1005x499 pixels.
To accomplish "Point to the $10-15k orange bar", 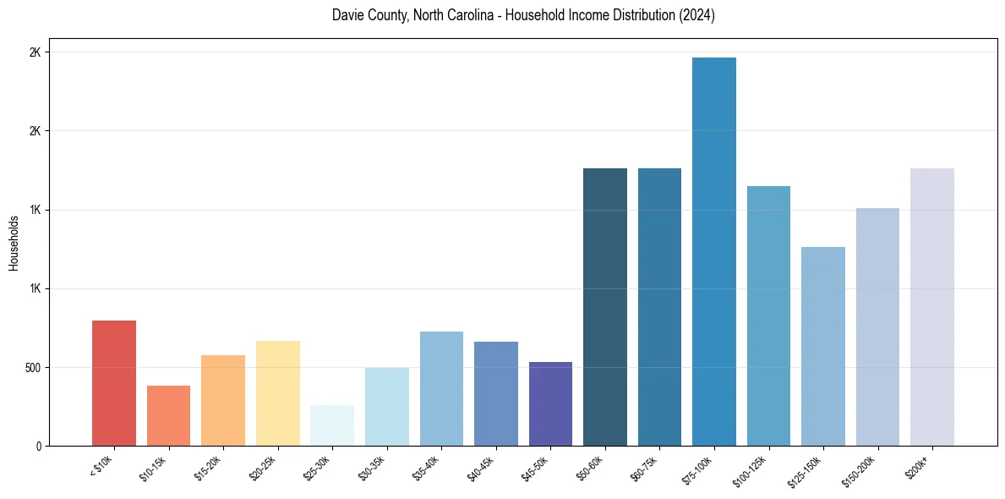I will tap(168, 415).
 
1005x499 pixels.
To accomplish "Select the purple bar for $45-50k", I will tap(550, 403).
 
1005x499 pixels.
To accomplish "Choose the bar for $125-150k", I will tap(823, 346).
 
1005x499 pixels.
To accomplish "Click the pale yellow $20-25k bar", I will tap(278, 393).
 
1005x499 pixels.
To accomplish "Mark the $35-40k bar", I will tap(441, 388).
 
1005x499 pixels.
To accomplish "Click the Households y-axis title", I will tap(14, 243).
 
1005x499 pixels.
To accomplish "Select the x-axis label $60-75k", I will tap(644, 466).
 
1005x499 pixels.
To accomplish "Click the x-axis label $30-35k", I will tap(371, 466).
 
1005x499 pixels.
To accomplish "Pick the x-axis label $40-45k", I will tap(480, 466).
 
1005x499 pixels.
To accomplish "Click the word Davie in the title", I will tap(347, 15).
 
